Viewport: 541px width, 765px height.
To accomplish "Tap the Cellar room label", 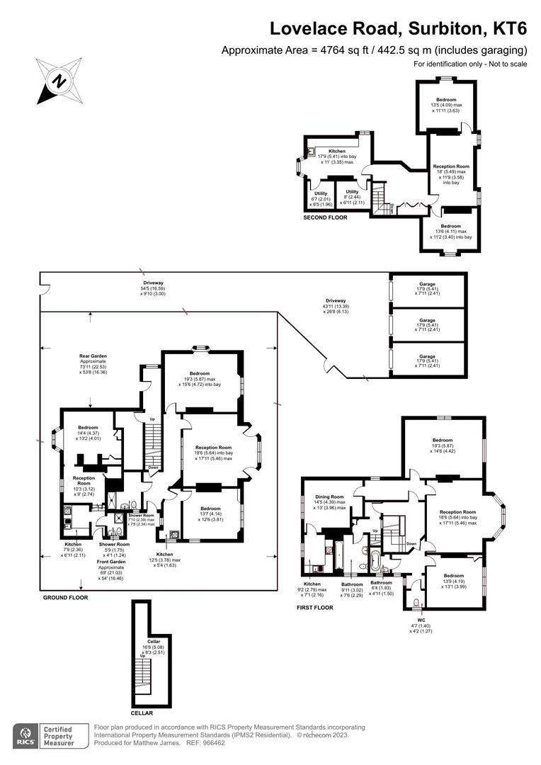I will pos(154,641).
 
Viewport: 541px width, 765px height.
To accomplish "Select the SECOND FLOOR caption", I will pos(325,217).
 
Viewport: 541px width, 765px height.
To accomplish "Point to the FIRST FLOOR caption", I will pos(314,608).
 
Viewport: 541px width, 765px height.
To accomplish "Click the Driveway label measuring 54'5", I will pos(153,283).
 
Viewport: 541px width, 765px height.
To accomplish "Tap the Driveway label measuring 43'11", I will pos(336,301).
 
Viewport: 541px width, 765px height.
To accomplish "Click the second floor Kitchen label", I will pos(336,152).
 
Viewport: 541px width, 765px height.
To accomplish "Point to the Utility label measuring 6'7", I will pos(321,192).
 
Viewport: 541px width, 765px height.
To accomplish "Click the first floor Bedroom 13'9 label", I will pos(454,576).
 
